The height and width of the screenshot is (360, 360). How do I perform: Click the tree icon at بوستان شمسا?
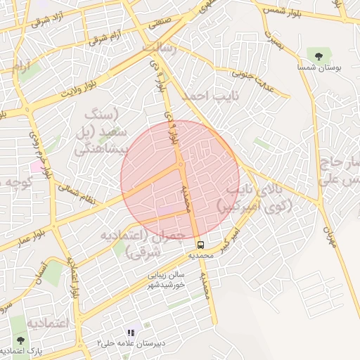click(320, 55)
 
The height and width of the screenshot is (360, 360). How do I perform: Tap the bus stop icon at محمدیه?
click(201, 245)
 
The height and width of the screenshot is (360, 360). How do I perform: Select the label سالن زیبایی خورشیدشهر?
click(167, 281)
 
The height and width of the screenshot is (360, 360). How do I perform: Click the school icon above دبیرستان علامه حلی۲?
click(130, 333)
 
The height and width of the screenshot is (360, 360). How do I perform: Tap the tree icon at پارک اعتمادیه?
click(19, 340)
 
